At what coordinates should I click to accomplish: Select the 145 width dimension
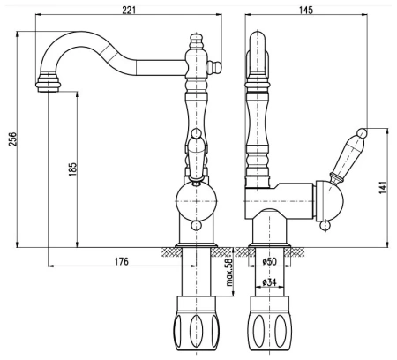[306, 9]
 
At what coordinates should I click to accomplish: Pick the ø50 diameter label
[270, 262]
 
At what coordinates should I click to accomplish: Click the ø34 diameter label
[270, 282]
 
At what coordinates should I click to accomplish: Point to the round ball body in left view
[195, 199]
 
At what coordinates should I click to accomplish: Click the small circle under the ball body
[196, 225]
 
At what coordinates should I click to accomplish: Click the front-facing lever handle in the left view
[196, 150]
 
